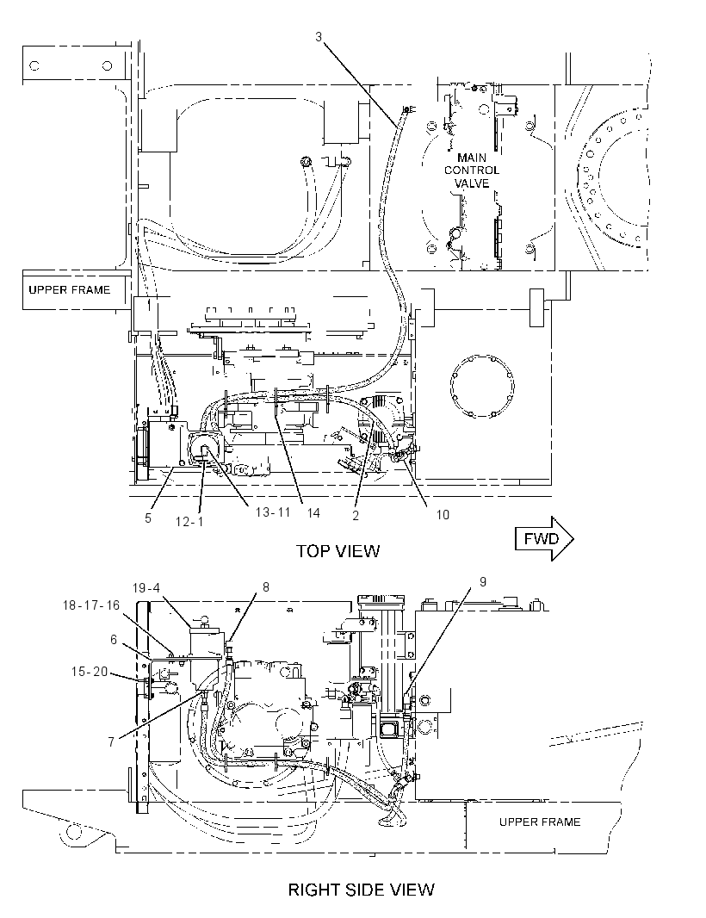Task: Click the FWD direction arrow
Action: (544, 538)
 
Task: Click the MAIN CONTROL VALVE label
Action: (472, 171)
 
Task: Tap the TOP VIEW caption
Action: (338, 551)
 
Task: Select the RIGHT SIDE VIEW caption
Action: (362, 890)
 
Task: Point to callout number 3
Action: (319, 37)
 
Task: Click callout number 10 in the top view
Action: (443, 515)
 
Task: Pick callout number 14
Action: (313, 513)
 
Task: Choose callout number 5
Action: (148, 518)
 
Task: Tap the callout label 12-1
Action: (189, 521)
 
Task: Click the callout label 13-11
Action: (274, 512)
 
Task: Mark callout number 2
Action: (356, 515)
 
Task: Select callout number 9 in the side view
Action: (483, 581)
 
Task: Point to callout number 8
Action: (266, 586)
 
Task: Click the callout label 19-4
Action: (146, 587)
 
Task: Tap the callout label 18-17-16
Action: (90, 605)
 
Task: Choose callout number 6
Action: (115, 639)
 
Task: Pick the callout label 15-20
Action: (90, 672)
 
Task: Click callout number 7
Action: (111, 742)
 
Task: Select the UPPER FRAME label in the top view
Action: (69, 290)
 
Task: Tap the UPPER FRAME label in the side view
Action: (540, 822)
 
